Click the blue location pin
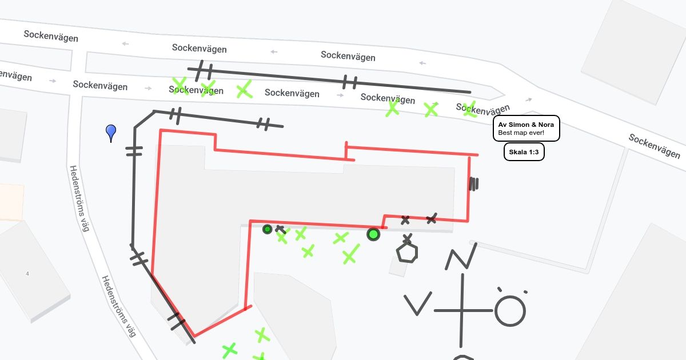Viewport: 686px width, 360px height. (x=111, y=132)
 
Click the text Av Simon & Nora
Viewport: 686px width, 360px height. (x=526, y=125)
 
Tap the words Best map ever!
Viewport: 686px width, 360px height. (x=521, y=133)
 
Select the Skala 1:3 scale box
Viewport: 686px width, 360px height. (x=524, y=153)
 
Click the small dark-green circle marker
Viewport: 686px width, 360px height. (x=267, y=229)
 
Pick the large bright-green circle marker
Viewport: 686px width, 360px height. (x=373, y=234)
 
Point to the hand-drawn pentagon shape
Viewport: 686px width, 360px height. (x=407, y=253)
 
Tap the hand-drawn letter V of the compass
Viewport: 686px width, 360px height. (x=417, y=304)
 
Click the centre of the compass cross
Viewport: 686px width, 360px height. (x=461, y=310)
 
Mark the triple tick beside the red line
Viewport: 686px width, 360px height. (x=473, y=183)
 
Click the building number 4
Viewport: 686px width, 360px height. (x=27, y=274)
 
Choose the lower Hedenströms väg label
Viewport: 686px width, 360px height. (x=118, y=306)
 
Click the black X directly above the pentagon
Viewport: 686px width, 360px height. (x=407, y=238)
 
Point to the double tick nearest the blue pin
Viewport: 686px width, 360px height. (x=134, y=151)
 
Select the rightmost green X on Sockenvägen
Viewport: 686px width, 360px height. (x=469, y=109)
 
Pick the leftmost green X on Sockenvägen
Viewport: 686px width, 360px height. (x=180, y=86)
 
